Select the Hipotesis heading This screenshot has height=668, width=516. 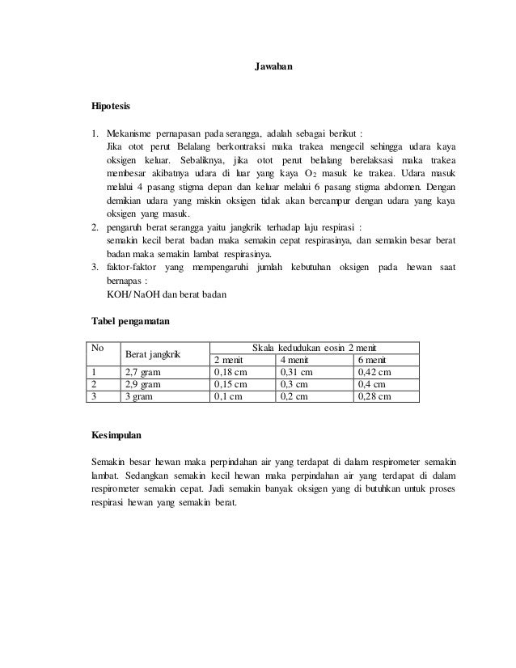point(112,105)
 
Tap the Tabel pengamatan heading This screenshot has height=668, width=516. point(131,321)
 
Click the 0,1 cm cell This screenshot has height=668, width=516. point(227,397)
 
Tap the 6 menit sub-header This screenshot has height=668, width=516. point(372,360)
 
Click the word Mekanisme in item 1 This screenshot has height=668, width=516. point(130,133)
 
